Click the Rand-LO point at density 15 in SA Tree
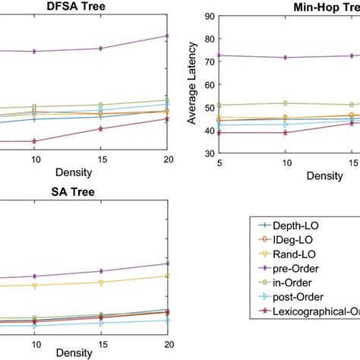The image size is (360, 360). click(101, 282)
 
